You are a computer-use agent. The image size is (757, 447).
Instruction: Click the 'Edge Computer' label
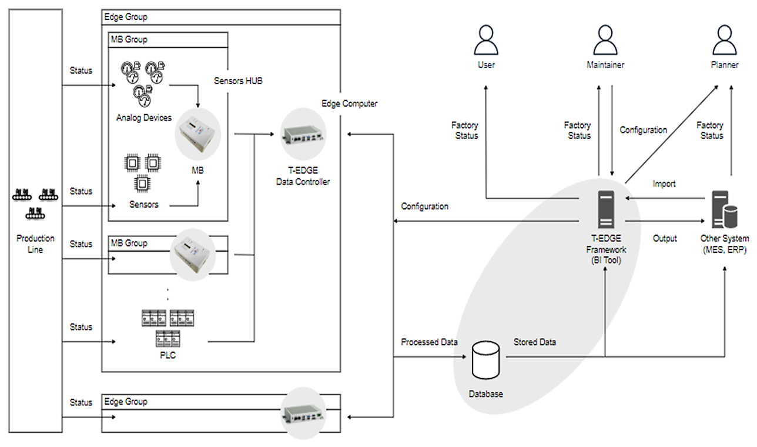349,104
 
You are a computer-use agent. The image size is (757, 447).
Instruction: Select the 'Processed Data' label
429,342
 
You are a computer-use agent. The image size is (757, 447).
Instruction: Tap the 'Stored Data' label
535,342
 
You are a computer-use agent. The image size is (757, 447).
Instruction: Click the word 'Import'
664,184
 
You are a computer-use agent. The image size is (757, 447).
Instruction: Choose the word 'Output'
665,239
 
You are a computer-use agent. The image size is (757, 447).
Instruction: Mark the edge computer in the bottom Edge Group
303,413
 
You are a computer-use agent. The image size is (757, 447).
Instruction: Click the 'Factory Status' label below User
465,131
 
